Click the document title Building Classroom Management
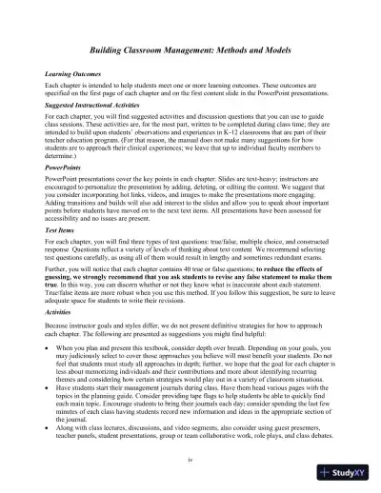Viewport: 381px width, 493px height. (x=190, y=48)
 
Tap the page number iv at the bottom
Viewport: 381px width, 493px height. (x=191, y=459)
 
